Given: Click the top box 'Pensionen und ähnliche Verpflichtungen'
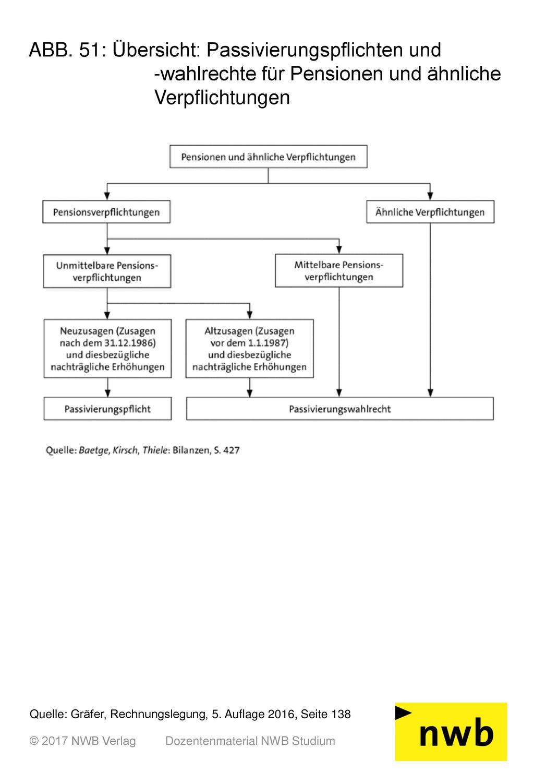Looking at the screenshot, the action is click(268, 157).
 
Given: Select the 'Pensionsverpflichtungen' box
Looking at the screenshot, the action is click(106, 211).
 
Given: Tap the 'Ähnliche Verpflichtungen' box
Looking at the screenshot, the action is click(430, 211).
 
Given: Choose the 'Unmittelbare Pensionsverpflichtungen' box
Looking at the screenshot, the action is click(107, 271).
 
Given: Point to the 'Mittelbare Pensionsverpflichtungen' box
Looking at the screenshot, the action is click(339, 270).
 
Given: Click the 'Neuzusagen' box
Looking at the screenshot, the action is click(107, 349).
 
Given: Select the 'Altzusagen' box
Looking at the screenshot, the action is click(250, 349).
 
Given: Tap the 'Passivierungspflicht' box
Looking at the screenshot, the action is click(107, 408).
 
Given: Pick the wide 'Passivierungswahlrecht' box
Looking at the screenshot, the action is click(340, 408).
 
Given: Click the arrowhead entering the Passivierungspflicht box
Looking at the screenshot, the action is click(107, 393).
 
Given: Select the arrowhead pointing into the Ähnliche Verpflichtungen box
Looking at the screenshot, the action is click(430, 196).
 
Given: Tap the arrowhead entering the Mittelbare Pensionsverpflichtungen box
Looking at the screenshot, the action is click(339, 250).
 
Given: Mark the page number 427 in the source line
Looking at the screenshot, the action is click(232, 450).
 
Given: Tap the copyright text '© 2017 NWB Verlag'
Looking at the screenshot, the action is click(82, 741).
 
